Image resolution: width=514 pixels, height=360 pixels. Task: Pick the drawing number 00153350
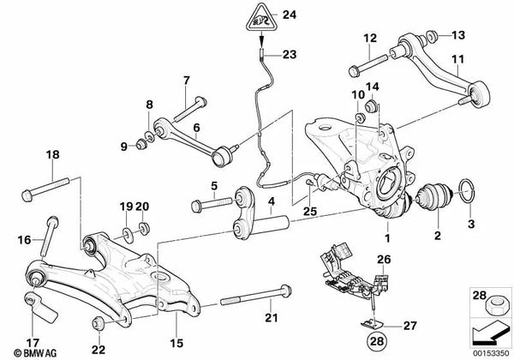pos(489,352)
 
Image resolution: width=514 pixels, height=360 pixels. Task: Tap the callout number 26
pos(384,258)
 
